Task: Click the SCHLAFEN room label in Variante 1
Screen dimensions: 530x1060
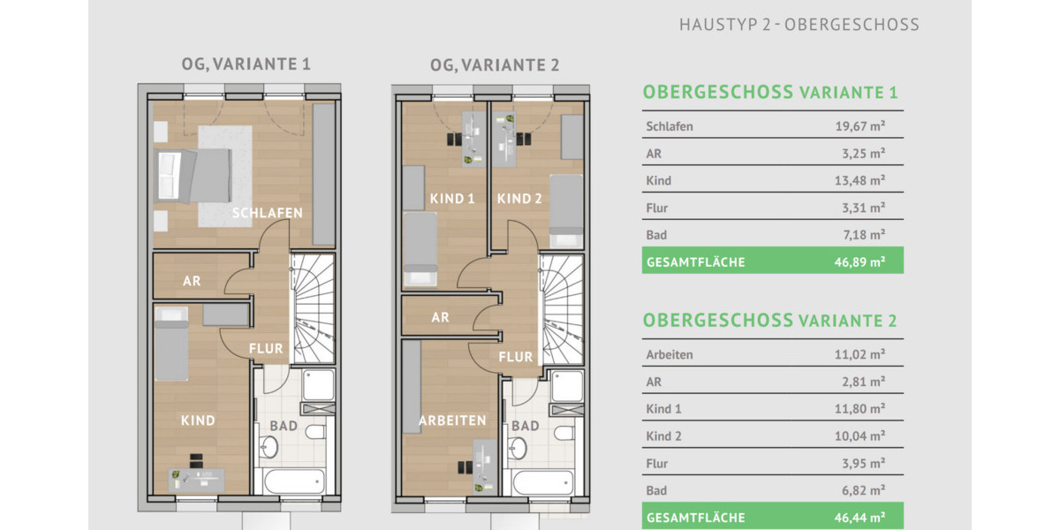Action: pyautogui.click(x=268, y=213)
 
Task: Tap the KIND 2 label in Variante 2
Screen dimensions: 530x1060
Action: pyautogui.click(x=519, y=199)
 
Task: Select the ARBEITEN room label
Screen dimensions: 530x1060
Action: pyautogui.click(x=452, y=420)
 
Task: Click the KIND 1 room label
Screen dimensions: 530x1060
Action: pyautogui.click(x=452, y=199)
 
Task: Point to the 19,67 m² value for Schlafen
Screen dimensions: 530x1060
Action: pyautogui.click(x=859, y=126)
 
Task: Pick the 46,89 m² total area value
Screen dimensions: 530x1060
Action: pyautogui.click(x=859, y=262)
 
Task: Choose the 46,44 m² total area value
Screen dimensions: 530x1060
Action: pyautogui.click(x=859, y=518)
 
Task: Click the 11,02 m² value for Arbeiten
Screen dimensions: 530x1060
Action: pyautogui.click(x=859, y=355)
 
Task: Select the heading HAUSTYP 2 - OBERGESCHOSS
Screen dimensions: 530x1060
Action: pyautogui.click(x=799, y=25)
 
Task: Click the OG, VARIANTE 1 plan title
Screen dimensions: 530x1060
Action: pyautogui.click(x=246, y=64)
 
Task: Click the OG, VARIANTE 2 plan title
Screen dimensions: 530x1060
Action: pyautogui.click(x=494, y=65)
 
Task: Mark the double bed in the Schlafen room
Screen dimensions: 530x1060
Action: pyautogui.click(x=193, y=174)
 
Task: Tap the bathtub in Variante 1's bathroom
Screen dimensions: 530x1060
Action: pyautogui.click(x=292, y=482)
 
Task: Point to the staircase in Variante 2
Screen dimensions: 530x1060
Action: pyautogui.click(x=562, y=309)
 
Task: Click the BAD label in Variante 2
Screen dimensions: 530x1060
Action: pyautogui.click(x=525, y=426)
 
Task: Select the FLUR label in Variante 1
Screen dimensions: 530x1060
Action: pyautogui.click(x=266, y=348)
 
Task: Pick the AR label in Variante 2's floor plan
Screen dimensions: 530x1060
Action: pyautogui.click(x=440, y=318)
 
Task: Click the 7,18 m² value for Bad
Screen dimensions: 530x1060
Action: pyautogui.click(x=859, y=235)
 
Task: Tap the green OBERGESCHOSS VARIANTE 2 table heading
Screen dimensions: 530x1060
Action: pyautogui.click(x=769, y=320)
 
